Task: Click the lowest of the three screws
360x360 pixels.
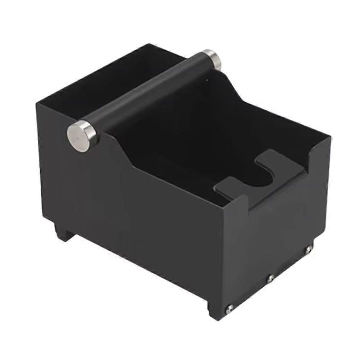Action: (x=229, y=307)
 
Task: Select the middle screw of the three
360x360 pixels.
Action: (x=271, y=278)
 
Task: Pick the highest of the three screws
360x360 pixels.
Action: (x=308, y=249)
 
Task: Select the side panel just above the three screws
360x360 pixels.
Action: (x=277, y=230)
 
